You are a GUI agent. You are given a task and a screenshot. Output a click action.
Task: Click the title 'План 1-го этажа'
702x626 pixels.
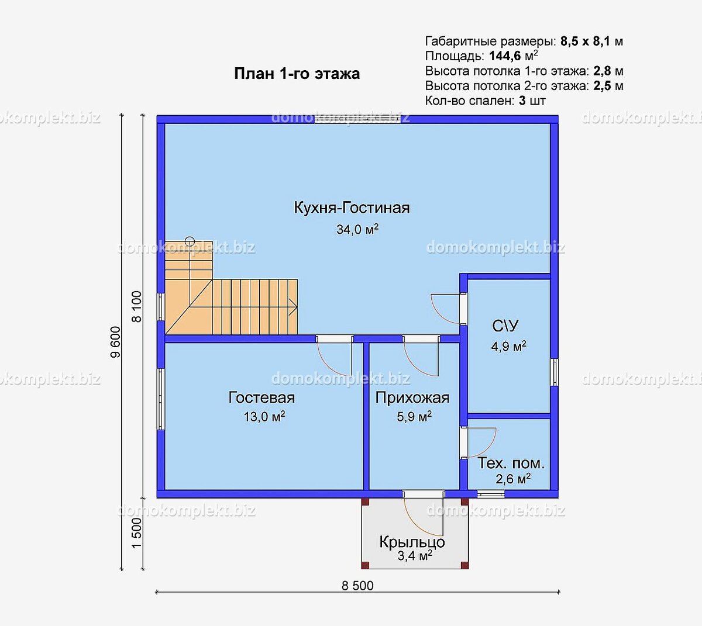[297, 74]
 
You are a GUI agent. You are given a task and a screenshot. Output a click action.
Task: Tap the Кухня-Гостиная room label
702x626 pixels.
[352, 207]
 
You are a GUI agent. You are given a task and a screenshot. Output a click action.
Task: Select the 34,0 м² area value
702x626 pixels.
[357, 229]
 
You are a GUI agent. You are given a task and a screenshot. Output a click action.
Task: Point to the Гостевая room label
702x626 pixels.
[261, 397]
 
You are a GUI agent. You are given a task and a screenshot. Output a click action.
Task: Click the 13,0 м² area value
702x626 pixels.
[264, 417]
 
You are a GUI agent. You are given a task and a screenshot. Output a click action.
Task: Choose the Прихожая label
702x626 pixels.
[412, 398]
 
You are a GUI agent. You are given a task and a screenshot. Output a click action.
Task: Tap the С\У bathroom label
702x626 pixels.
[505, 326]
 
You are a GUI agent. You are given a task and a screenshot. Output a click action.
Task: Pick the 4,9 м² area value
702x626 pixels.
[508, 346]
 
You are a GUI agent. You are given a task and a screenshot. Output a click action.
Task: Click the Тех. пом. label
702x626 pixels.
[511, 464]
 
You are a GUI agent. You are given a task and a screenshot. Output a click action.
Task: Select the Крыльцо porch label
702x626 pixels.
[412, 542]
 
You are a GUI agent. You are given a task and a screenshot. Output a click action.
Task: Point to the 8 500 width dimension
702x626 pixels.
[357, 586]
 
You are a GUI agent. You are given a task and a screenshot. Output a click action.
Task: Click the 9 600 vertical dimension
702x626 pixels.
[115, 342]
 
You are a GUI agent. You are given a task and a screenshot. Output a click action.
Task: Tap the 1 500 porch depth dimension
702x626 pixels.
[137, 533]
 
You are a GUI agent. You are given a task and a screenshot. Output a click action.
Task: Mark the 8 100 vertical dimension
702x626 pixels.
[137, 306]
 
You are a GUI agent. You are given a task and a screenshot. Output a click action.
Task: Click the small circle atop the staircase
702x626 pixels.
[190, 241]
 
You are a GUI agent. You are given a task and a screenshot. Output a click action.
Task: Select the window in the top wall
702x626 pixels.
[357, 119]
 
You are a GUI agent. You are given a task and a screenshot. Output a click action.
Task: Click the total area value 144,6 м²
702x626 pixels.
[514, 56]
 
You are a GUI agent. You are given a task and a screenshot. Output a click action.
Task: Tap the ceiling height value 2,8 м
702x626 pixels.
[608, 71]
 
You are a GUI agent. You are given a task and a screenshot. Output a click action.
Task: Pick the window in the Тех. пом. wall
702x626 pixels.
[491, 494]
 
